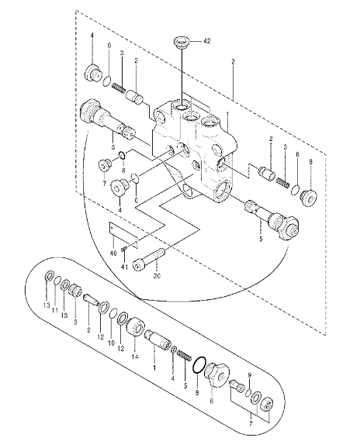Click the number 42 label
coord(206,41)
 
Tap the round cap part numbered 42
coord(181,43)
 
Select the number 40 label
coord(113,253)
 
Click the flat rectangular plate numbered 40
coord(123,235)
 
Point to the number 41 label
coord(124,267)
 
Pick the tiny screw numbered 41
coord(123,250)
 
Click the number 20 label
coord(157,276)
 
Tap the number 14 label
coord(135,357)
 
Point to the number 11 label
coord(55,311)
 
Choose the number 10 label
coord(112,343)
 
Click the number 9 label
coord(249,375)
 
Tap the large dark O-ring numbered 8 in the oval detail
coord(199,366)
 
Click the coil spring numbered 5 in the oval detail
coord(185,355)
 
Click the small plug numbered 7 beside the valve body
coord(104,165)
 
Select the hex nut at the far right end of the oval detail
coord(268,405)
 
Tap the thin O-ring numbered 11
coord(57,280)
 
